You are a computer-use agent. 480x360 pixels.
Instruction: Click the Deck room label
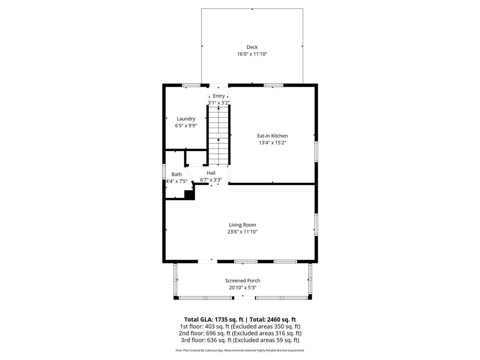[252, 47]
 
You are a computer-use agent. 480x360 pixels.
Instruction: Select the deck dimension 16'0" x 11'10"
[252, 54]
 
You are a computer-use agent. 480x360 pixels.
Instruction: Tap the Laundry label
[186, 119]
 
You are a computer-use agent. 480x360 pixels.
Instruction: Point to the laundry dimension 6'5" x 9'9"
[186, 126]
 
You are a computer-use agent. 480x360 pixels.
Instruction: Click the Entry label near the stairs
[218, 96]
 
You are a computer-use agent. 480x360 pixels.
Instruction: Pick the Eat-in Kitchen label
[272, 136]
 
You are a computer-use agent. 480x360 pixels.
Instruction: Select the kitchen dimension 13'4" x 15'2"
[272, 142]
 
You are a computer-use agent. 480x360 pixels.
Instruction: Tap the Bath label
[176, 174]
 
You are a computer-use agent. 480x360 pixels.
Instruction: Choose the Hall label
[211, 173]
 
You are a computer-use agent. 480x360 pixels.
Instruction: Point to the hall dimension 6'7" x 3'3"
[211, 180]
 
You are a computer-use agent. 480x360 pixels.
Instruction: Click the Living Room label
[242, 225]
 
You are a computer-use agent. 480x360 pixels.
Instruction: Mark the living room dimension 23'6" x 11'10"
[242, 232]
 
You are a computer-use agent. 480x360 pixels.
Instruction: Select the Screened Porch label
[242, 281]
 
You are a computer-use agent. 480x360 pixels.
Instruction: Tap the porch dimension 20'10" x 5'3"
[242, 287]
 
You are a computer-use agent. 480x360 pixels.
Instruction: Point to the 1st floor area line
[240, 326]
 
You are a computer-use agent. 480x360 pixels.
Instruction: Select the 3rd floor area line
[240, 340]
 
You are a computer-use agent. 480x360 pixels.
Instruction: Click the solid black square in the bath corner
[189, 195]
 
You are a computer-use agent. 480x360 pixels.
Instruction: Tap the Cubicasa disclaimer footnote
[240, 350]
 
